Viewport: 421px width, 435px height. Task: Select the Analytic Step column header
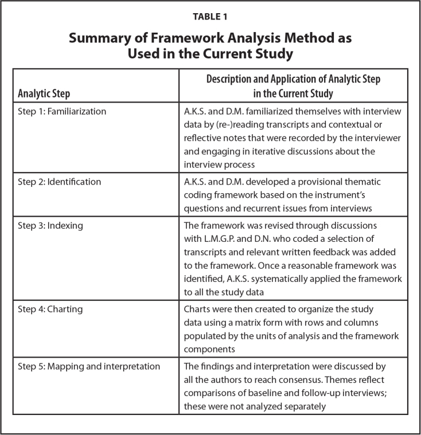click(x=44, y=93)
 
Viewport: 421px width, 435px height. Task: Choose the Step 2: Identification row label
click(x=60, y=182)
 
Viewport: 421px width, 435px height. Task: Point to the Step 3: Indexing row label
click(x=50, y=225)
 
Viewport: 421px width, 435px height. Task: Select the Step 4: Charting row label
click(x=50, y=309)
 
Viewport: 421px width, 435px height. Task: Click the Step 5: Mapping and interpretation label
click(x=89, y=366)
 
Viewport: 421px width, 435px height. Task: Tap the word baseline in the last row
click(x=262, y=393)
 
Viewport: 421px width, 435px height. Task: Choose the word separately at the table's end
click(x=303, y=406)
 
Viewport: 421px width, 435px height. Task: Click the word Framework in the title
click(x=187, y=39)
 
